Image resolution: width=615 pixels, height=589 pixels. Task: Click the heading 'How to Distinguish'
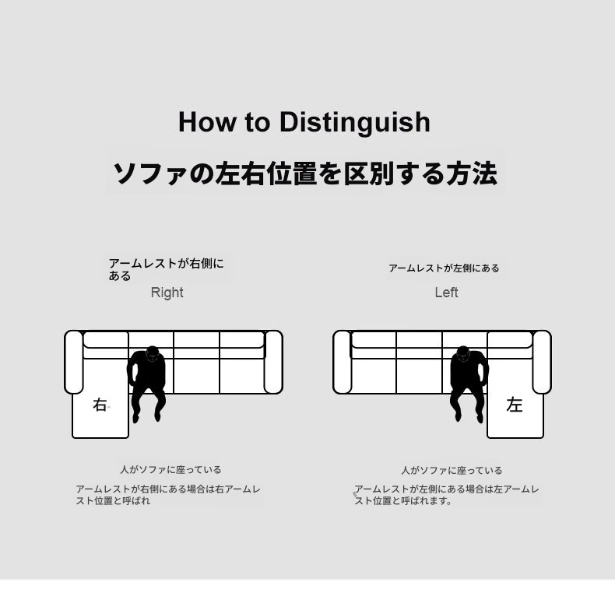[x=304, y=122]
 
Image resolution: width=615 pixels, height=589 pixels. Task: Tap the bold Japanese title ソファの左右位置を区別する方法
[x=305, y=174]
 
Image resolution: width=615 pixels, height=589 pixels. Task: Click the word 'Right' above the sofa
[x=167, y=293]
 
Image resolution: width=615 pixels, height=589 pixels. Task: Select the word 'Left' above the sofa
[x=446, y=293]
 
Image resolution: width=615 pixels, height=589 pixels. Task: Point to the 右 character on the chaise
[x=100, y=405]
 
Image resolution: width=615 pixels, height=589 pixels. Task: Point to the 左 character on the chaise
[x=515, y=405]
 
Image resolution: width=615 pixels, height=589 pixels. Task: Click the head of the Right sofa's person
[x=154, y=355]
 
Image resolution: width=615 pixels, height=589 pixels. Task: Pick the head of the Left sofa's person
[x=463, y=355]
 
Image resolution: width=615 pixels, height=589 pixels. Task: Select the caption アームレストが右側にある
[x=167, y=269]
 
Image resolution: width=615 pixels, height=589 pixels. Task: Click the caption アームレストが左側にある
[x=444, y=268]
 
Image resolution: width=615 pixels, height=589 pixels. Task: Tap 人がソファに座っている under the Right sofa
[x=170, y=469]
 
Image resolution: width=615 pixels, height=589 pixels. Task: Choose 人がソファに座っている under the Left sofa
[x=452, y=470]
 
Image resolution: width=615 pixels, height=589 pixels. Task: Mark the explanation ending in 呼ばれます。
[x=447, y=495]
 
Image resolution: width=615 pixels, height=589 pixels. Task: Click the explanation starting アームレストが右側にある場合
[x=168, y=495]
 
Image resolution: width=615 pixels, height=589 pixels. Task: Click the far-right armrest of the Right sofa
[x=273, y=362]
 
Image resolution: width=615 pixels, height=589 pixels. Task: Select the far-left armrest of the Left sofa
[x=342, y=362]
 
